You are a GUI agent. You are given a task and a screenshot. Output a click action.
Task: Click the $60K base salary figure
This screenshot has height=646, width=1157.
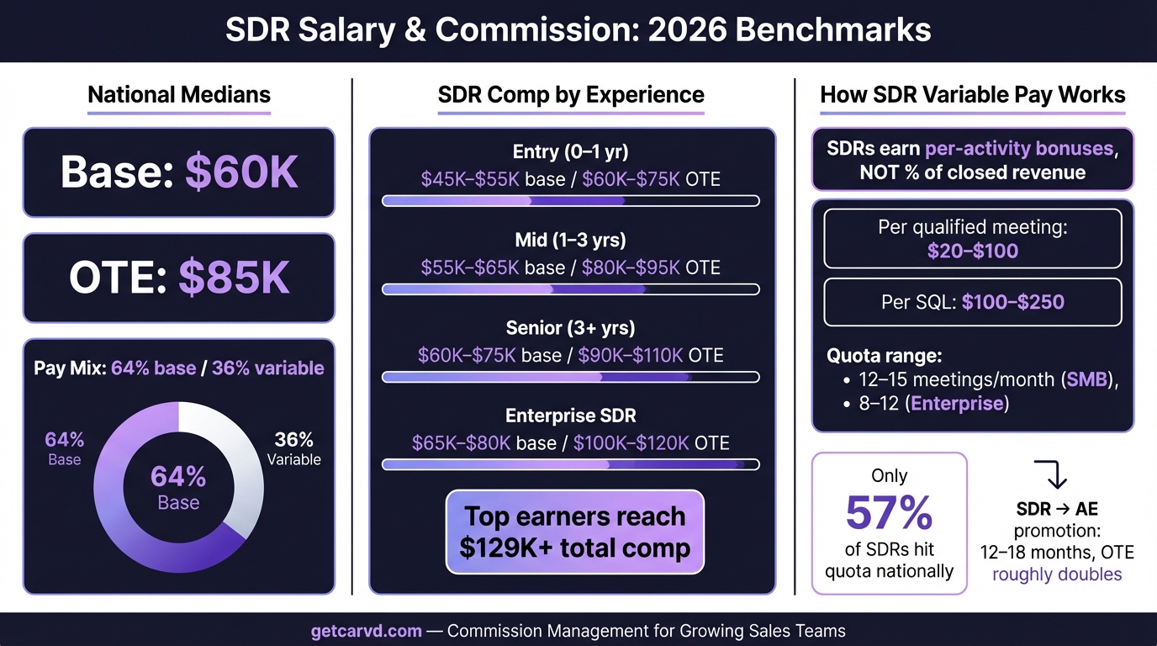(x=241, y=172)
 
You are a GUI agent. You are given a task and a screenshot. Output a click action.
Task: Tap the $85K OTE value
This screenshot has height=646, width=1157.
(x=234, y=278)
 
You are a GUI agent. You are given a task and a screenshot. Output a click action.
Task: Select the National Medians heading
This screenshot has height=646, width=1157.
(x=179, y=94)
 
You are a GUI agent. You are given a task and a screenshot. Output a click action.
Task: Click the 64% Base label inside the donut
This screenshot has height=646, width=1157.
(x=178, y=488)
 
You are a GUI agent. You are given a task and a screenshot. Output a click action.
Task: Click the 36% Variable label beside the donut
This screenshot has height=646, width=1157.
(x=293, y=449)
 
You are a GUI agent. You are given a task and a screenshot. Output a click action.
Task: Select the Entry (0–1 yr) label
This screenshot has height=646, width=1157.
(x=571, y=152)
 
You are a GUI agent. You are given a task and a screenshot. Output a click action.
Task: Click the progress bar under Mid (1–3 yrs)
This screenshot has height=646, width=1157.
(x=571, y=289)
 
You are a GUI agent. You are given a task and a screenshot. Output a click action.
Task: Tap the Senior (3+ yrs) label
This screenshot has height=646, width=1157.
(x=571, y=328)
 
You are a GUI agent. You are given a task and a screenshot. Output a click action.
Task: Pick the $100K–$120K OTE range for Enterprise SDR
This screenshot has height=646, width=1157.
(x=652, y=443)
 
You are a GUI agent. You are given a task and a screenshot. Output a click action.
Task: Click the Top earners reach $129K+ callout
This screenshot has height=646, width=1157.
(x=574, y=532)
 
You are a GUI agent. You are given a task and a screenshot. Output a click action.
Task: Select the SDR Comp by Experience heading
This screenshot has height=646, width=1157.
(x=571, y=94)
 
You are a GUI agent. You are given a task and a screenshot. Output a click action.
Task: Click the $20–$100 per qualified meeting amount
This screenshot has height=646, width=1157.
(x=973, y=251)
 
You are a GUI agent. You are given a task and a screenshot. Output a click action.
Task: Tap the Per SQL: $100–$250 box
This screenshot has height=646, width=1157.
(x=973, y=302)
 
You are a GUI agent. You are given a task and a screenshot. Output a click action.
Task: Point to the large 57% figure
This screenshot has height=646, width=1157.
(x=889, y=513)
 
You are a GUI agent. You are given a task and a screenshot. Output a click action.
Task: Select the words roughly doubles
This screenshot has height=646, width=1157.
(x=1057, y=575)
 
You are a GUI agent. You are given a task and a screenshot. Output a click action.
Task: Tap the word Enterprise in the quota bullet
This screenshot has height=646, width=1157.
(x=957, y=403)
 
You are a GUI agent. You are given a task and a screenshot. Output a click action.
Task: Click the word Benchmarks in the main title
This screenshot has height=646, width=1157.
(x=832, y=30)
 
